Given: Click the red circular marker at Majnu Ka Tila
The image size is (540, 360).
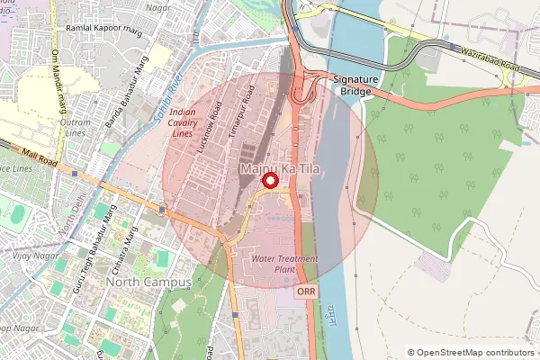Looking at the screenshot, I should (269, 182).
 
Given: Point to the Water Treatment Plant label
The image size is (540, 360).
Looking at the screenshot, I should (286, 265).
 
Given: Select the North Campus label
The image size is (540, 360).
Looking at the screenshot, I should (148, 282).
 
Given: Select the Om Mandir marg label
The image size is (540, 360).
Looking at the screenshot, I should (58, 81).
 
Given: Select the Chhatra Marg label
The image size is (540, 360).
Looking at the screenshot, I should (128, 247).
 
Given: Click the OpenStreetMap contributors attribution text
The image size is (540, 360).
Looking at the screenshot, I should (476, 353).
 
